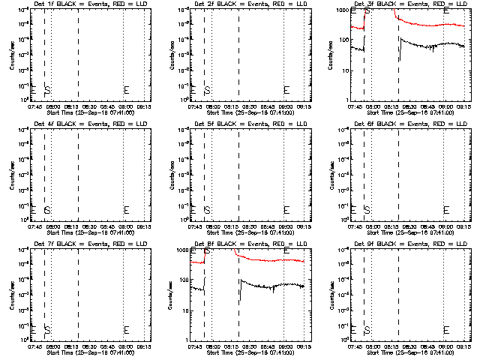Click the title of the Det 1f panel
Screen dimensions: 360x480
pos(87,5)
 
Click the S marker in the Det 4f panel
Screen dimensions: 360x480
pos(47,210)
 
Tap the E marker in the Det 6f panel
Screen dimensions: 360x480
pos(446,210)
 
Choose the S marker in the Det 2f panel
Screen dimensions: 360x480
pos(208,90)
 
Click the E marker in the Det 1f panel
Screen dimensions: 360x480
pos(126,90)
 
